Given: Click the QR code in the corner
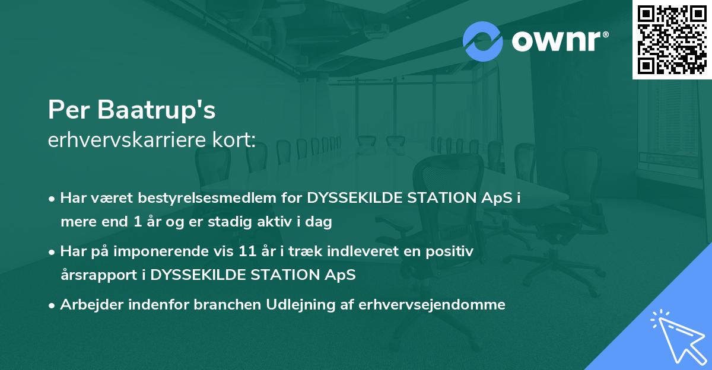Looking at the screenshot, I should [x=671, y=39].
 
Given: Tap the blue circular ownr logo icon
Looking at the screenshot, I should [x=483, y=42].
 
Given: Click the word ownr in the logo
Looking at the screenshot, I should [x=558, y=42].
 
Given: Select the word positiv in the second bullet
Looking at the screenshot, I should [x=453, y=251].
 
